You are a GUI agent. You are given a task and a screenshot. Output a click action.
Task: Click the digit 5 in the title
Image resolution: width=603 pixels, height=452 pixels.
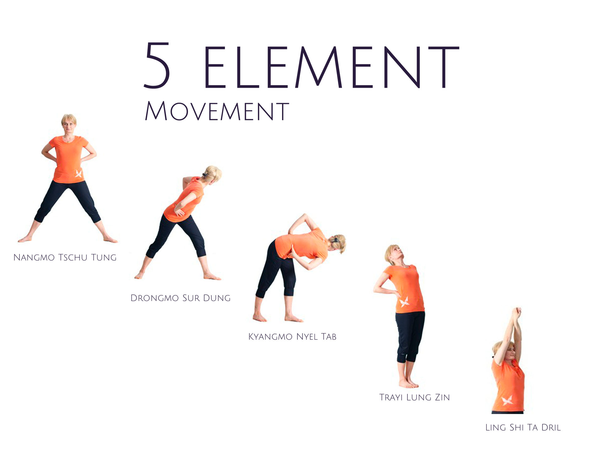coord(157,65)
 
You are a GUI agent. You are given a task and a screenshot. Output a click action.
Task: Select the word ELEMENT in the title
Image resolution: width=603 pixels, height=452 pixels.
coord(332,67)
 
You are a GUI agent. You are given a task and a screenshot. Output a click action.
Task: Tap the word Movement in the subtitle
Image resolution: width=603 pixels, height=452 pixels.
coord(217,111)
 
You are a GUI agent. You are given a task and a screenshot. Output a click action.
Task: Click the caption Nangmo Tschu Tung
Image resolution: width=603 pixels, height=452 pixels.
coord(65,258)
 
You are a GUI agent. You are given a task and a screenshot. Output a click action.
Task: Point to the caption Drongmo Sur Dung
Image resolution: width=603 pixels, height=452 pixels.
coord(181,298)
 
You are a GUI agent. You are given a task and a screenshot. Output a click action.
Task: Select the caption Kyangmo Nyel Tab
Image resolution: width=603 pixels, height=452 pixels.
coord(292,337)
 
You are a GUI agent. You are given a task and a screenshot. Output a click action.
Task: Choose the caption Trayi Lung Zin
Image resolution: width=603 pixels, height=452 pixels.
coord(415,397)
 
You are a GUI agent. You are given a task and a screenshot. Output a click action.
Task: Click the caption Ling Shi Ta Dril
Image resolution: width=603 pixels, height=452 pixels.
coord(523,428)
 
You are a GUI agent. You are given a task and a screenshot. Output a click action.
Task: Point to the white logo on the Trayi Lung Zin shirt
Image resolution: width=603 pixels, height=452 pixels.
coord(404,302)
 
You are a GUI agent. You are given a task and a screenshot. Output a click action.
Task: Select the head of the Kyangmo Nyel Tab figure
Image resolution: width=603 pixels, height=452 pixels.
coord(338,243)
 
